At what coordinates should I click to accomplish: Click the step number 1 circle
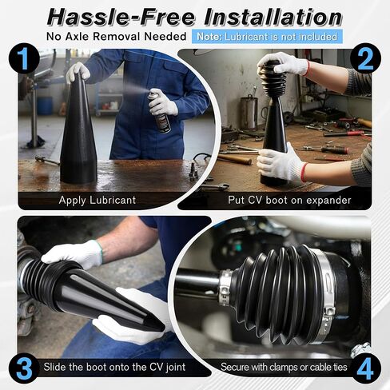coord(24,59)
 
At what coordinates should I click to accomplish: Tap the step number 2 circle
coord(365,59)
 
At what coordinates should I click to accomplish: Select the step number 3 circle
coord(24,368)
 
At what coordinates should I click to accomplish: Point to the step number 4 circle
coord(365,368)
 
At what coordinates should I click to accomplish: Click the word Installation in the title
coord(273,17)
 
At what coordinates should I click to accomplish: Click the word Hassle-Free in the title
coord(121,17)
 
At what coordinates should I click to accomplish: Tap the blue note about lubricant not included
coord(267,37)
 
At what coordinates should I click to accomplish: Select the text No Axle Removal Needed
coord(116,37)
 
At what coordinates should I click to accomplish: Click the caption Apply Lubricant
coord(97,200)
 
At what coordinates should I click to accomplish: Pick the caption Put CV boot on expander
coord(289,200)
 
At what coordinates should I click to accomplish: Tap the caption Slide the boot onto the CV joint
coord(114,367)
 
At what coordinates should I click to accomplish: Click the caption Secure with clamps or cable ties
coord(284,367)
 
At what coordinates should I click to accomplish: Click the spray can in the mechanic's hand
coord(159,110)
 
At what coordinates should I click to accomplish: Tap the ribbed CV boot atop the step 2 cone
coord(273,78)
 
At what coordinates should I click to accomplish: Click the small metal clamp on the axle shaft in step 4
coord(225,287)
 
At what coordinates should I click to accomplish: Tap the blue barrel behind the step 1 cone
coord(45,105)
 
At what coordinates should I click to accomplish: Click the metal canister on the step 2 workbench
coord(249,113)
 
